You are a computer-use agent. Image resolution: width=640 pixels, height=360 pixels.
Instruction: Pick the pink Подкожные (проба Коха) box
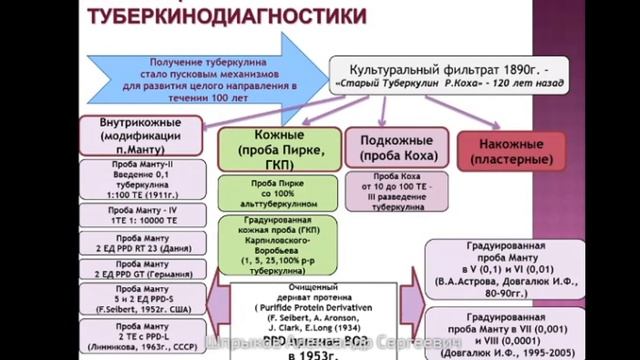(x=395, y=148)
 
